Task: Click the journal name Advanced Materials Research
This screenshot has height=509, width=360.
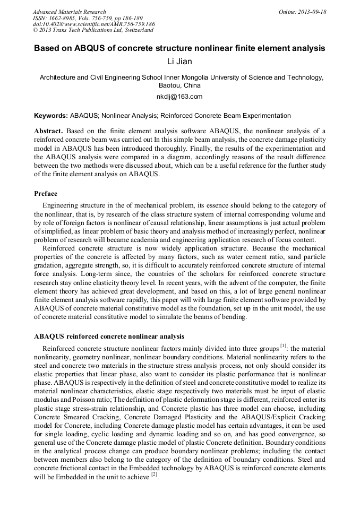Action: coord(69,12)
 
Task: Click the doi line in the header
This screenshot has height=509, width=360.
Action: coord(93,24)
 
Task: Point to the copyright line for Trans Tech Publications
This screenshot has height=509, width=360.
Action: coord(93,30)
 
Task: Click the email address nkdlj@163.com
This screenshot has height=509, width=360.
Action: coord(179,97)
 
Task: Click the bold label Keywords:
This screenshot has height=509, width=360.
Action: coord(51,115)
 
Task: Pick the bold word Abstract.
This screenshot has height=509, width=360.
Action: coord(48,131)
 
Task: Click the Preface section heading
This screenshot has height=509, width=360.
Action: coord(46,194)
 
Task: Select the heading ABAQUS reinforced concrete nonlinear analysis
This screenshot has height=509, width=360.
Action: coord(109,337)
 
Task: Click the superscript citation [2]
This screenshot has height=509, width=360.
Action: coord(154,474)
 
